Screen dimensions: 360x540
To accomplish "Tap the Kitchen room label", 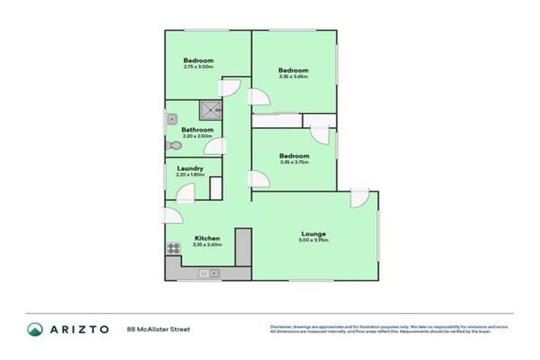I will point(207,238).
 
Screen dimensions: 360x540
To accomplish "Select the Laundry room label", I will point(191,168).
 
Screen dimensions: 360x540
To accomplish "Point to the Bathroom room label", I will point(198,129).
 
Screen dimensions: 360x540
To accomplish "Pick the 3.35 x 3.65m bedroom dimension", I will point(293,77).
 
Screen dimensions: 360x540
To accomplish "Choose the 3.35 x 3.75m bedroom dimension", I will point(293,162).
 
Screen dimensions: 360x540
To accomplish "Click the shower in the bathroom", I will point(209,110).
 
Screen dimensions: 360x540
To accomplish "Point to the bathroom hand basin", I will point(171,120).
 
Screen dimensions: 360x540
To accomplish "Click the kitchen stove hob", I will point(172,247).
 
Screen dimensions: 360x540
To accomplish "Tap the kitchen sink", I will point(209,273).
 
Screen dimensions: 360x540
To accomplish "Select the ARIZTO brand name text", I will point(79,329).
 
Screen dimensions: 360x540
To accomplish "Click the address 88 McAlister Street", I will point(158,329).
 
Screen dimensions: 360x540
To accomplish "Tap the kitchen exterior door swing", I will point(171,217).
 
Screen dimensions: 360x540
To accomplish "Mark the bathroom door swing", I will point(217,146).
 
